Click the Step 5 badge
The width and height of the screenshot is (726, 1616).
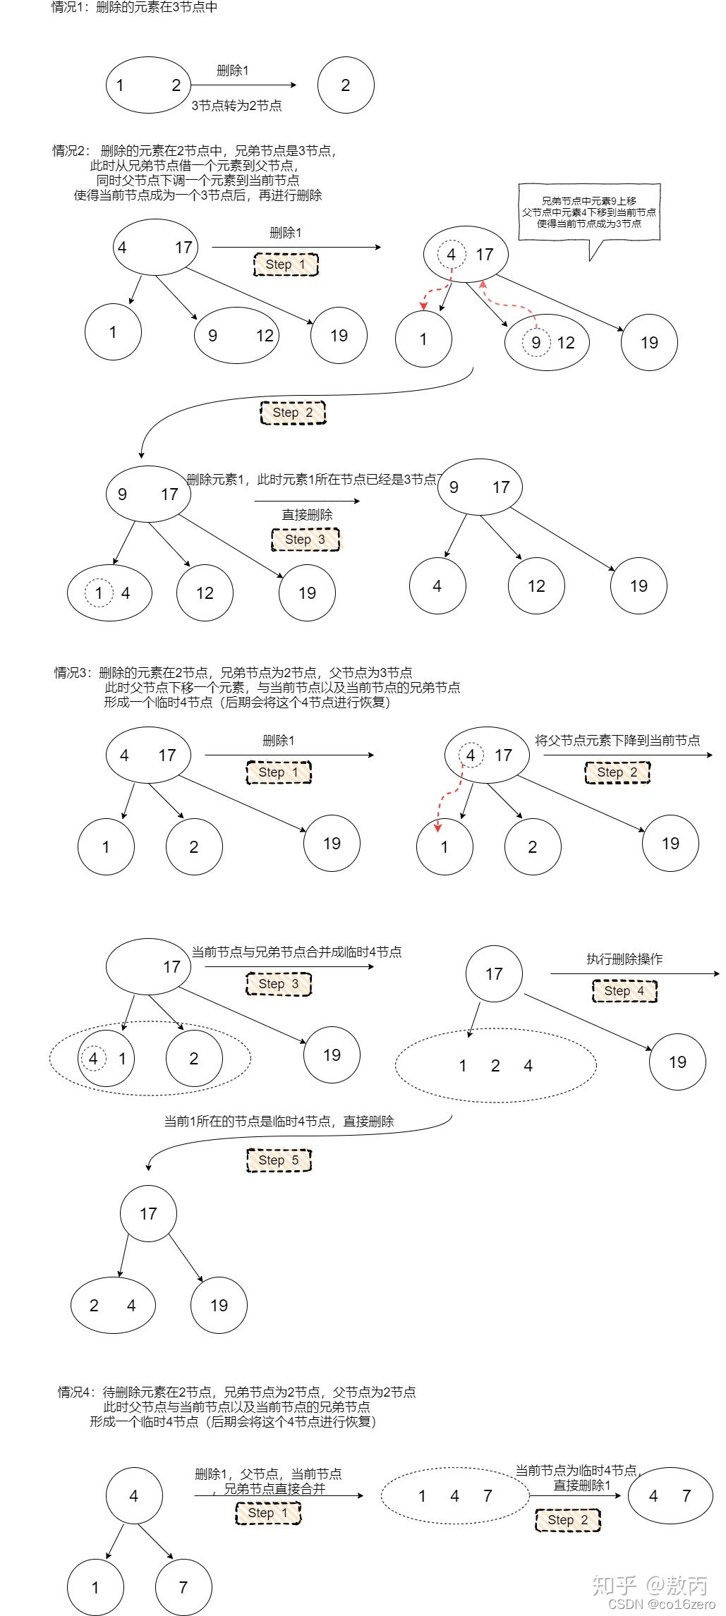click(x=279, y=1160)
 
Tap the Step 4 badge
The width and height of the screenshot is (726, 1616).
click(x=624, y=991)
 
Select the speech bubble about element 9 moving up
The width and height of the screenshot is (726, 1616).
click(x=589, y=212)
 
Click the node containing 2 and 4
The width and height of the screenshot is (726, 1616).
click(x=113, y=1305)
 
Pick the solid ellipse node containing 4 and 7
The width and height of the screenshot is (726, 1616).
click(x=670, y=1496)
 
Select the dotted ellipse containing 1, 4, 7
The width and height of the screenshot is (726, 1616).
click(x=454, y=1496)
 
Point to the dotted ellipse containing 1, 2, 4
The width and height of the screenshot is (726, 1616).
click(x=495, y=1066)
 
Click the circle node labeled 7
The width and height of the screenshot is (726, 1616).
click(x=183, y=1587)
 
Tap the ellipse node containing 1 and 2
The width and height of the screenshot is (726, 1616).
click(x=148, y=85)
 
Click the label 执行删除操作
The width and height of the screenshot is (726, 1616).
click(x=624, y=959)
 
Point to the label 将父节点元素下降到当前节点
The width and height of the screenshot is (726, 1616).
click(x=617, y=740)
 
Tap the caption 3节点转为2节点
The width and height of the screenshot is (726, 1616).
click(x=236, y=106)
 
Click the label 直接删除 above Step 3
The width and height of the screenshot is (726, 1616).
click(x=307, y=515)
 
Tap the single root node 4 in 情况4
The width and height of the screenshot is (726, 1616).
click(x=134, y=1495)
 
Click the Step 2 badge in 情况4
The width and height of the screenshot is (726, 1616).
click(x=568, y=1520)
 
